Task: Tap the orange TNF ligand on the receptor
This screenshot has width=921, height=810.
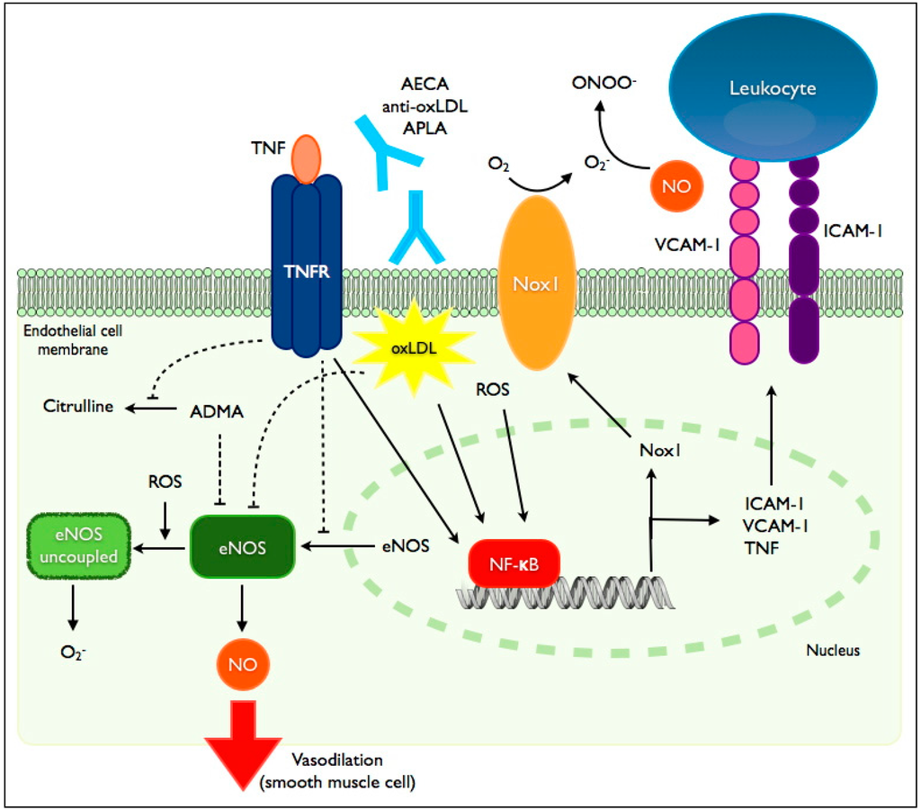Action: pyautogui.click(x=306, y=158)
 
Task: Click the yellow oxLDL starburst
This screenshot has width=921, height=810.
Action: pyautogui.click(x=413, y=348)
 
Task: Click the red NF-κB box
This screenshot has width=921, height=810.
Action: pyautogui.click(x=514, y=565)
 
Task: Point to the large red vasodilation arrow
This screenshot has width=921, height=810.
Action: pyautogui.click(x=243, y=747)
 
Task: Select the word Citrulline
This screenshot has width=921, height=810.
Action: pyautogui.click(x=78, y=406)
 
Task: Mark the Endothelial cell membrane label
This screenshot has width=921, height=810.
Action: pyautogui.click(x=70, y=339)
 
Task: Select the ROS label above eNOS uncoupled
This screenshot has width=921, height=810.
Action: pyautogui.click(x=165, y=481)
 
